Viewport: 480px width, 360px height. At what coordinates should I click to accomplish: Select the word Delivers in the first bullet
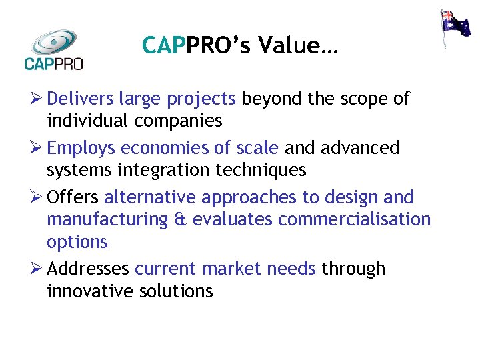click(x=80, y=99)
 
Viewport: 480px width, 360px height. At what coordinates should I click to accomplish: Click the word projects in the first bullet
click(x=201, y=99)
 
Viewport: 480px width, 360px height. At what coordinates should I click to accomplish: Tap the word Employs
click(x=81, y=148)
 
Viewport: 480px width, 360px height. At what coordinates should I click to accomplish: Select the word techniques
click(x=261, y=170)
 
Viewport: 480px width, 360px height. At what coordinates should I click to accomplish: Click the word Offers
click(x=73, y=197)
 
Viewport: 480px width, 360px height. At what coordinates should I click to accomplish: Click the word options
click(x=77, y=242)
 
